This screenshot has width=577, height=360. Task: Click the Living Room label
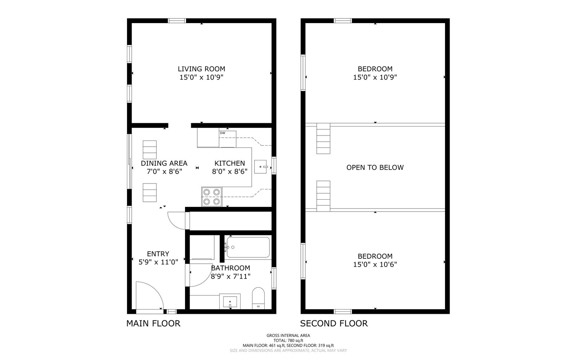pos(201,69)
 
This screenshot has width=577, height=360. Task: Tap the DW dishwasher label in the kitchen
pos(223,133)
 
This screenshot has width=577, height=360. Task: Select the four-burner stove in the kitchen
pos(212,197)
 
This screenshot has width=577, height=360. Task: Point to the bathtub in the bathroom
pos(248,247)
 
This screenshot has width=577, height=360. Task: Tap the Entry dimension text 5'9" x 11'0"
pos(158,262)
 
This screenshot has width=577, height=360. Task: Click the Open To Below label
pos(375,167)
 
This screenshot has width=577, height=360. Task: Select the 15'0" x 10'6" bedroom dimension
pos(375,265)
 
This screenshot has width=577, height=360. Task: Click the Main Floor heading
pos(153,323)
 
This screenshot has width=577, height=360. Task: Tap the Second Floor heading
pos(334,323)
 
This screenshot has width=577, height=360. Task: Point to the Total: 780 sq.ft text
pos(288,340)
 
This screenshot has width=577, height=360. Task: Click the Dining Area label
pos(164,163)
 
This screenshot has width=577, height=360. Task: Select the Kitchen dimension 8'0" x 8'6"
pos(230,172)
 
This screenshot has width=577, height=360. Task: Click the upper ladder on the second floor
pos(323,139)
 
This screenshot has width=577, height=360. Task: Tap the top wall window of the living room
pos(177,21)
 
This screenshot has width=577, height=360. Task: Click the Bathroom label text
pos(230,268)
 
